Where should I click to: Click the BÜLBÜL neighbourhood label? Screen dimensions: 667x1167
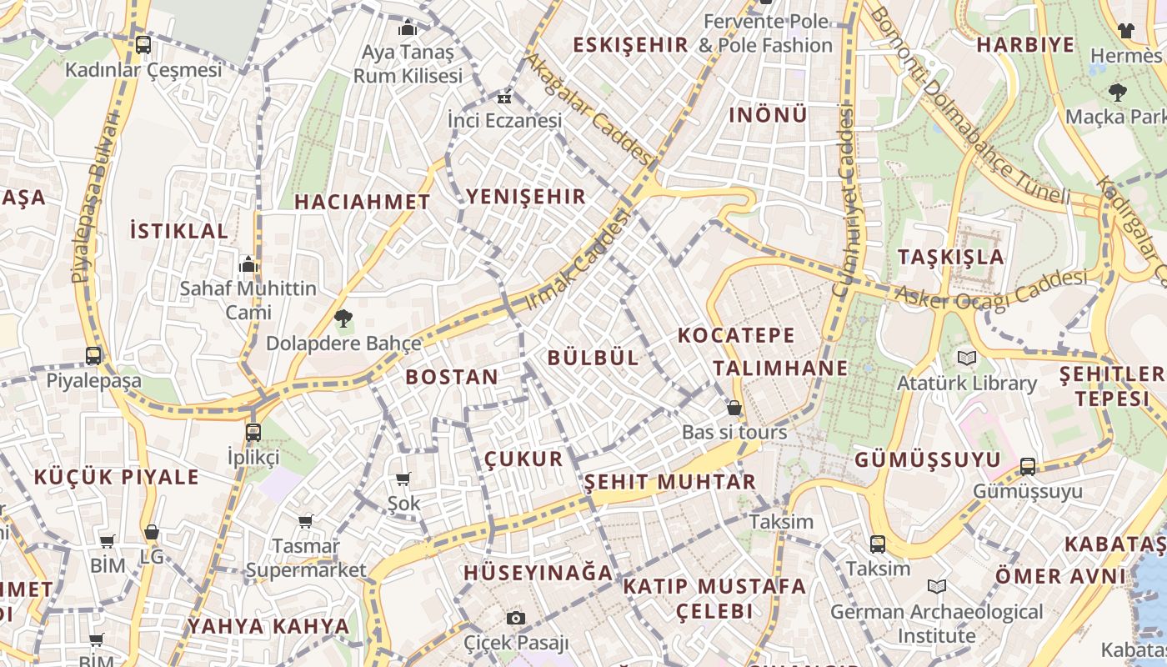593,358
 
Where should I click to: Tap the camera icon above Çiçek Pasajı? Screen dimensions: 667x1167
516,618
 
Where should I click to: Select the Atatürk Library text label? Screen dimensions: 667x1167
966,384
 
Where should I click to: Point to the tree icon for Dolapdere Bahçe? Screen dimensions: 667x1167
343,318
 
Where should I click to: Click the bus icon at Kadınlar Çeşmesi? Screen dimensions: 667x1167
143,45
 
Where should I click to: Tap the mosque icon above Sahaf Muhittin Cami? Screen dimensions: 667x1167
248,264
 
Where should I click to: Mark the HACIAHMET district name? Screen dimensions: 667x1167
362,202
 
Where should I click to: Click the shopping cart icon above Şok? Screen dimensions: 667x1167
403,479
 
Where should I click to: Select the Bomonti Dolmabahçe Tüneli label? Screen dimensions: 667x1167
968,105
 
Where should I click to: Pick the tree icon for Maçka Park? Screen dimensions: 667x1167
1117,92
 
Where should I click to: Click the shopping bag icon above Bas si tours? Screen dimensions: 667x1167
734,408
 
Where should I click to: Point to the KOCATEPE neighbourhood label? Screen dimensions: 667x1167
736,335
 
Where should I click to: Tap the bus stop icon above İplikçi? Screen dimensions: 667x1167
253,433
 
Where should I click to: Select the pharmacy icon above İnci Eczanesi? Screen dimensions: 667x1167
504,98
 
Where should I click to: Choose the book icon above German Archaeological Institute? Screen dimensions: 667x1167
937,587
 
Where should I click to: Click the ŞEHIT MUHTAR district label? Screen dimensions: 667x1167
669,482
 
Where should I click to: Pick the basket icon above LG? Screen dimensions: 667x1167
151,532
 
